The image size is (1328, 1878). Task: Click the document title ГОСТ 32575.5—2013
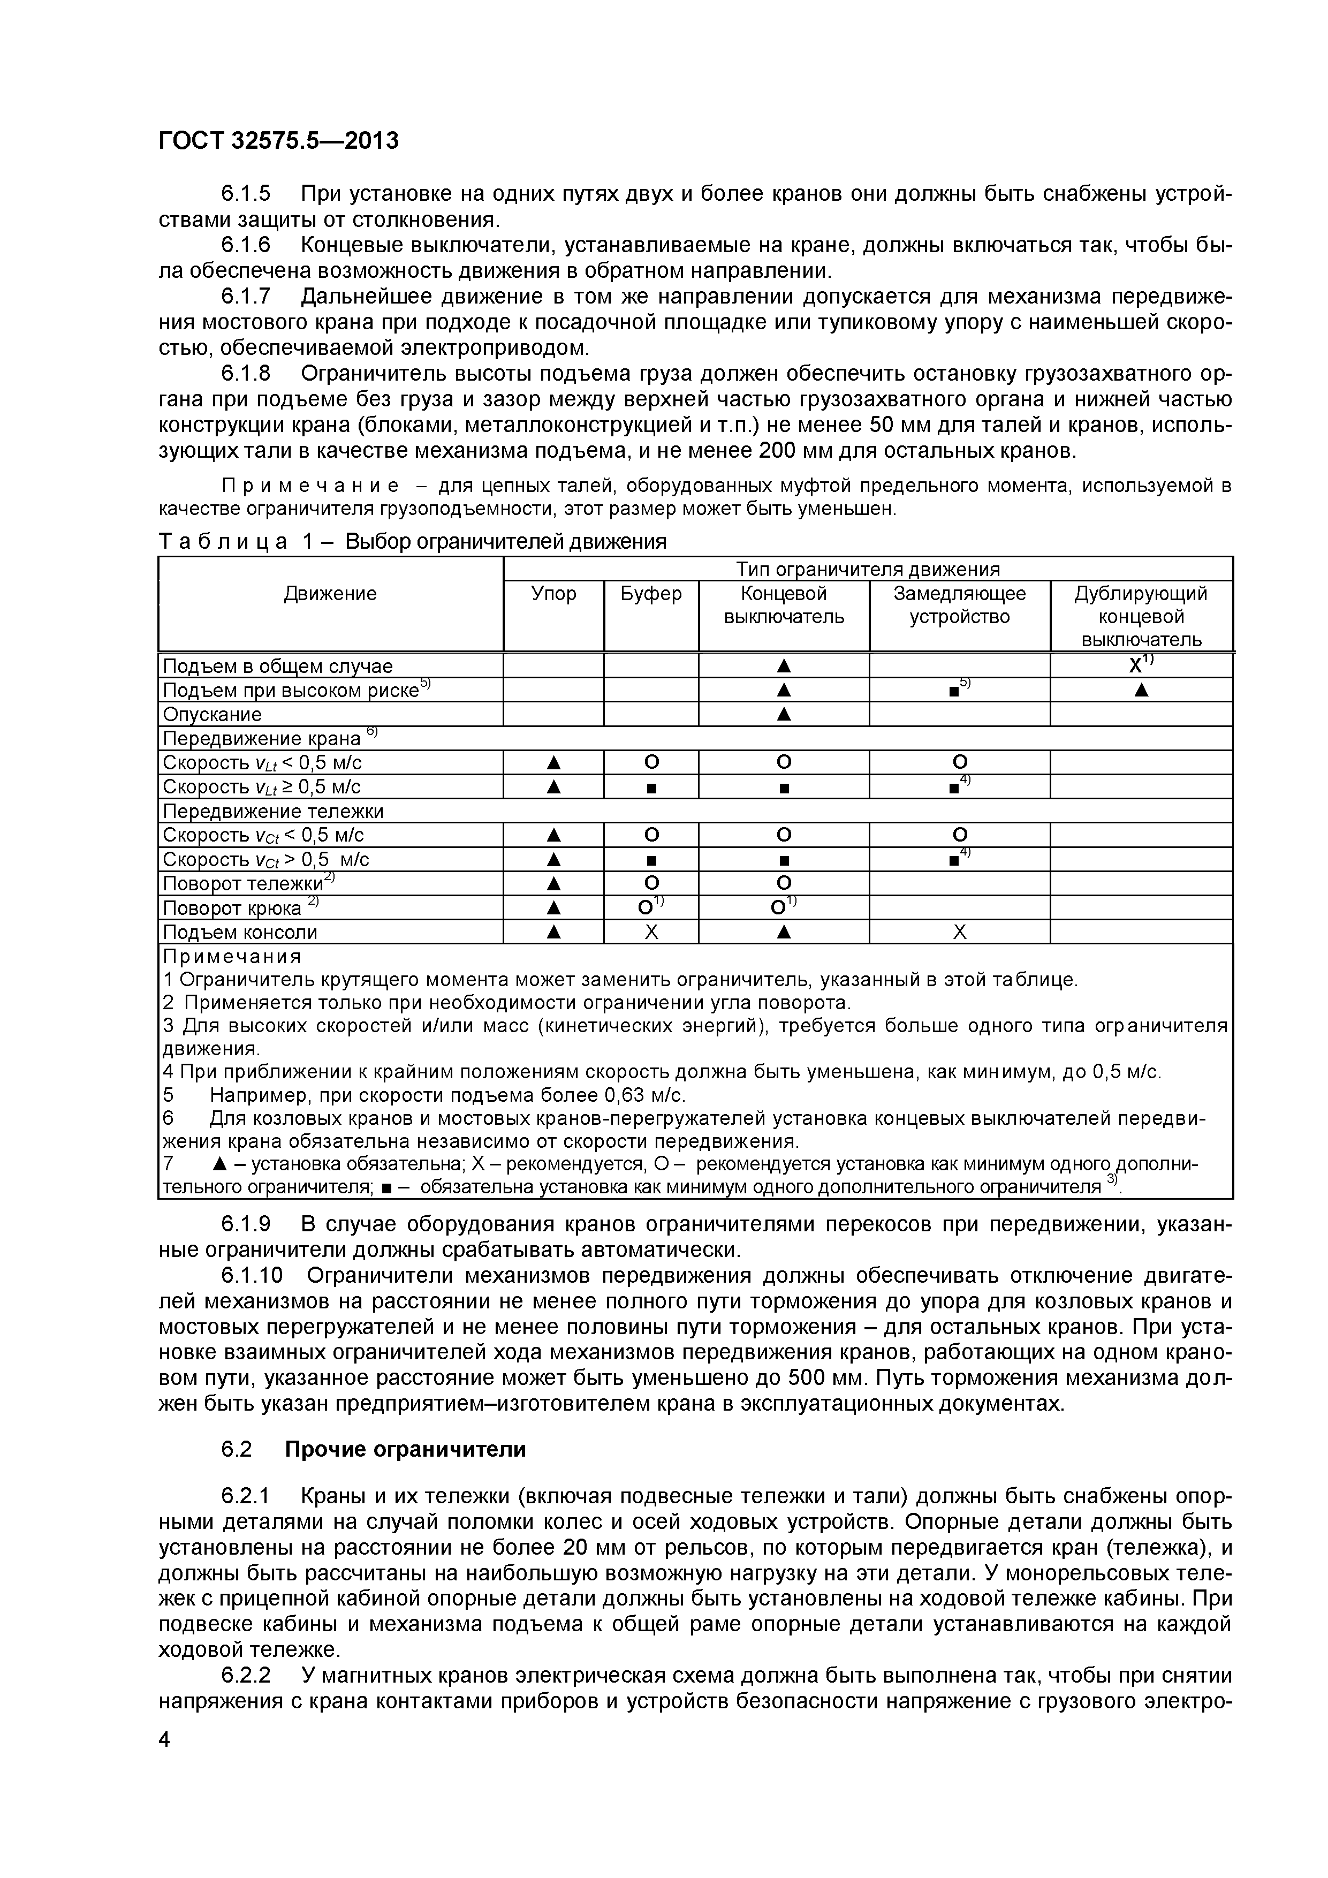pyautogui.click(x=278, y=141)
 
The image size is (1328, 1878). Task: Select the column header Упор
pyautogui.click(x=553, y=594)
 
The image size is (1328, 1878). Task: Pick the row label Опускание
pyautogui.click(x=213, y=715)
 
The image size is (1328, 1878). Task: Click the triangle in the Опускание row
pyautogui.click(x=784, y=715)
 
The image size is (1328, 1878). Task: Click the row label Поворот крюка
pyautogui.click(x=232, y=908)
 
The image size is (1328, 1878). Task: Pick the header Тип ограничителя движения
pyautogui.click(x=868, y=569)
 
